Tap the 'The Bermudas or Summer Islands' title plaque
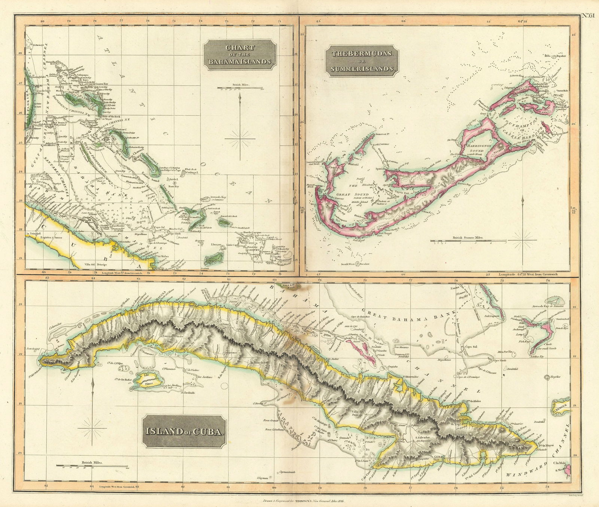click(x=362, y=61)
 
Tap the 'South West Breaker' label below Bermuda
click(x=355, y=264)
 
